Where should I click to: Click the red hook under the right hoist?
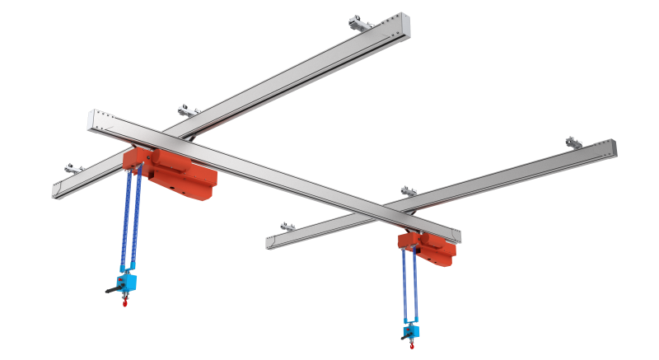point(412,344)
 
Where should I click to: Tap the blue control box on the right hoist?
point(411,330)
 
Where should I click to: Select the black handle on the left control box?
point(111,289)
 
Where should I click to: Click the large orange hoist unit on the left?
point(177,171)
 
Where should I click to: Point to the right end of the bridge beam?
point(456,237)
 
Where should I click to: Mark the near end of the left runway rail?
point(56,190)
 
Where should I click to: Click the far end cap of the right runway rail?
point(610,148)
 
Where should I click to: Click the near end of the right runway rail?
point(270,243)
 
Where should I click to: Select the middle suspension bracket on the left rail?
point(188,110)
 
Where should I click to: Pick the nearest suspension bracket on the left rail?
point(74,169)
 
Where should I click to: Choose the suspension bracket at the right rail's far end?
point(573,143)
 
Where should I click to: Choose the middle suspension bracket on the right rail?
point(408,191)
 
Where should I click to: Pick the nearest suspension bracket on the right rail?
point(287,226)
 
